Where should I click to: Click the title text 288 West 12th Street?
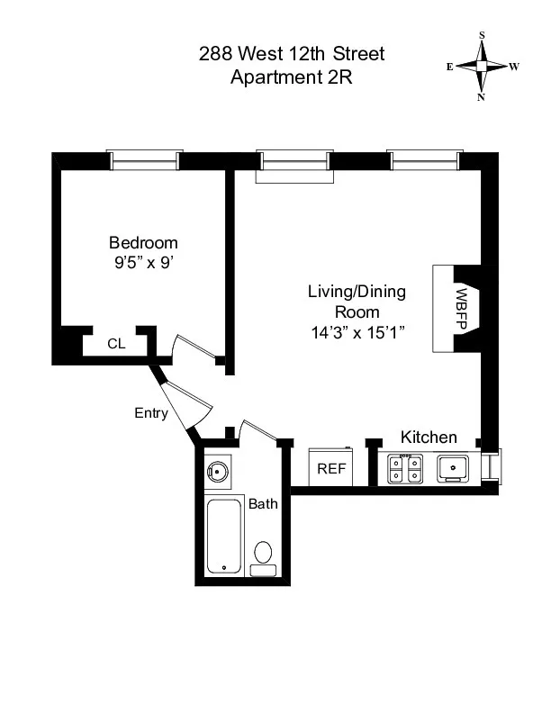[292, 54]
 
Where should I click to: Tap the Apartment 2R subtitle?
[292, 77]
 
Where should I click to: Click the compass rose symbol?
[483, 66]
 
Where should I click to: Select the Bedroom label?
[143, 242]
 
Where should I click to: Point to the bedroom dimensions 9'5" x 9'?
[143, 264]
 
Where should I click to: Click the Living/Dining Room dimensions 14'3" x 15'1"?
[357, 331]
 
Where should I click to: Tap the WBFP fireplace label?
[460, 309]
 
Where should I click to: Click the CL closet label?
[116, 343]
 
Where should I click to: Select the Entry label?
[150, 413]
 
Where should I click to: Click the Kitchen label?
[429, 438]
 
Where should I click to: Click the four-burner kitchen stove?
[405, 469]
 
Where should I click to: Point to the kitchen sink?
[451, 468]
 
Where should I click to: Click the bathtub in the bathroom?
[223, 536]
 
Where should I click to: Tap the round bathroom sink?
[216, 470]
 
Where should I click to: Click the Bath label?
[263, 504]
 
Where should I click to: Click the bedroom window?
[144, 160]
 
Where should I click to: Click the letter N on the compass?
[482, 96]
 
